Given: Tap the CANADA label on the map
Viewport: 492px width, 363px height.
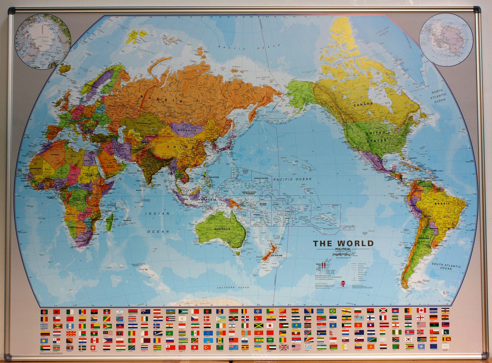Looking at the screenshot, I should point(363,104).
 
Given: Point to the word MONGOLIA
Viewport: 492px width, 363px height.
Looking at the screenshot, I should point(187,131).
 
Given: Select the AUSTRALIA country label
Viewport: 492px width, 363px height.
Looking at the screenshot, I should point(222,229).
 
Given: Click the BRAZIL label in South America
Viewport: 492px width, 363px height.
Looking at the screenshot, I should point(442,204).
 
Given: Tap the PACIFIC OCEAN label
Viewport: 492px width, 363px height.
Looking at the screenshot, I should point(293,179).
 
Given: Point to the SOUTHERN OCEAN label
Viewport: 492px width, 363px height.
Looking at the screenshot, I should point(233,288).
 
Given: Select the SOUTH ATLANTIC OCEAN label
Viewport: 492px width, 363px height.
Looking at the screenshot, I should point(446,266).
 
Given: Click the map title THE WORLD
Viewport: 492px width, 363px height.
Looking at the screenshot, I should point(343,244).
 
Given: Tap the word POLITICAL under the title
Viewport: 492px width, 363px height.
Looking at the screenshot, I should point(343,249).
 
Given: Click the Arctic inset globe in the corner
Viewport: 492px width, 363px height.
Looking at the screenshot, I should point(43,41).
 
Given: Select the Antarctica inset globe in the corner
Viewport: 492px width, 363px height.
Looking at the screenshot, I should point(446,40).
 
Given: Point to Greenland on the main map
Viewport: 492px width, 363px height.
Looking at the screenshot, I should point(344,36).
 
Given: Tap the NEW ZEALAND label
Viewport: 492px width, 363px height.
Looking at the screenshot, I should point(276,255).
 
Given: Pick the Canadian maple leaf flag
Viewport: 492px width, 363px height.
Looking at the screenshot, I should point(421,310).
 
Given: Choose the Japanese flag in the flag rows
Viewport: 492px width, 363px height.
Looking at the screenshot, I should point(269,325).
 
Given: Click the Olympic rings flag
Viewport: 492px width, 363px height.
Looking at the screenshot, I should point(445,346).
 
